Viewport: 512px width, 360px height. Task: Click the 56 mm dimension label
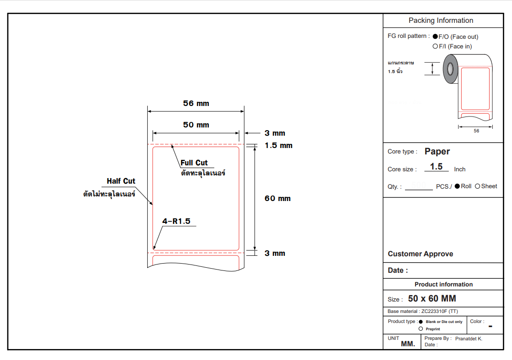click(x=196, y=104)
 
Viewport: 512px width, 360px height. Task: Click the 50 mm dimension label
click(x=196, y=125)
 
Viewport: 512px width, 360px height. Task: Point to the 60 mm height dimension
click(x=277, y=198)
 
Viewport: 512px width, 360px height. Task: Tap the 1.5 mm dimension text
click(x=278, y=146)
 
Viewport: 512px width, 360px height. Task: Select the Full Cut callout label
click(x=194, y=163)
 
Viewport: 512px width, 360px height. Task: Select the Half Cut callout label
click(x=121, y=181)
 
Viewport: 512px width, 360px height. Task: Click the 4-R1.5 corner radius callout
click(x=176, y=222)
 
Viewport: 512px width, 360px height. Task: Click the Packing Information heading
click(x=441, y=21)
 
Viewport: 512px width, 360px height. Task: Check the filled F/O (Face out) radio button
click(x=435, y=37)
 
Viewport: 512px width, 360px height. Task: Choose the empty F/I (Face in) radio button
click(x=435, y=46)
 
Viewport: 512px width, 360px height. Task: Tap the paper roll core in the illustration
click(x=450, y=69)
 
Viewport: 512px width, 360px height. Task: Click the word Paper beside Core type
click(x=437, y=152)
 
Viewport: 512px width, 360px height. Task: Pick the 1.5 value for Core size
click(x=437, y=167)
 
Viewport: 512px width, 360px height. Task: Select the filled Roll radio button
click(x=457, y=186)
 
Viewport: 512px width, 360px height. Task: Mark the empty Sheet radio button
click(x=478, y=186)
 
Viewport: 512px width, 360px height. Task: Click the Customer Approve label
click(x=421, y=254)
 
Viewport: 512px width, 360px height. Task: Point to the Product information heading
click(x=443, y=285)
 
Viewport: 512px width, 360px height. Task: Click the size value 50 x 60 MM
click(x=432, y=299)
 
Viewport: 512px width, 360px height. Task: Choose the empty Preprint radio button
click(x=421, y=329)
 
